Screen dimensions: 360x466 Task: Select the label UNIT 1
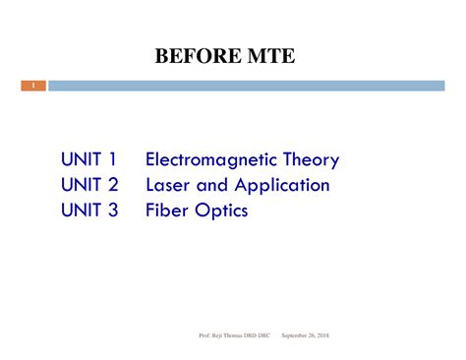[x=88, y=159]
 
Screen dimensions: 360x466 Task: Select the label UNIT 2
[x=88, y=185]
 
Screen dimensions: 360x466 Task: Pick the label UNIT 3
[x=88, y=210]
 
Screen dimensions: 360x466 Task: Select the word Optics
[x=221, y=210]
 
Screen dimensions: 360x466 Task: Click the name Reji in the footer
[x=217, y=335]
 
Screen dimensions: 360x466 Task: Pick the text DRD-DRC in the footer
[x=261, y=335]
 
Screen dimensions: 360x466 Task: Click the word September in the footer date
[x=297, y=335]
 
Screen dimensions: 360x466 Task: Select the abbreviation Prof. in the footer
[x=204, y=335]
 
